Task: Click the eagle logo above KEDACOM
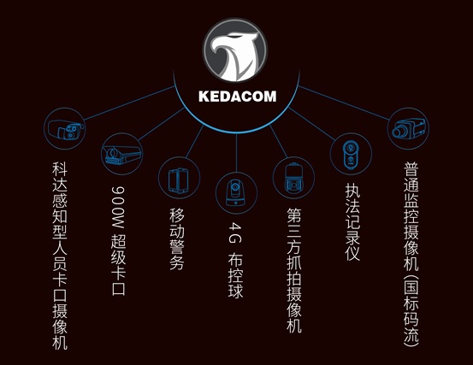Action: tap(235, 50)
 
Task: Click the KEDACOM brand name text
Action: tap(238, 97)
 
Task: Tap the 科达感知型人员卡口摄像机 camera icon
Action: tap(64, 129)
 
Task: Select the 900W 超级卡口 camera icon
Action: tap(121, 154)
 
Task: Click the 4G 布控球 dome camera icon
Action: tap(236, 193)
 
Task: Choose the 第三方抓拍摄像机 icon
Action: tap(293, 178)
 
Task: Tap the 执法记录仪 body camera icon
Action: tap(351, 154)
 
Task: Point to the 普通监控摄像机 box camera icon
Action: tap(408, 129)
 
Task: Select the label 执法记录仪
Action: tap(352, 221)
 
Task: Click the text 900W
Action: tap(118, 207)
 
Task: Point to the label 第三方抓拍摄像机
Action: tap(294, 270)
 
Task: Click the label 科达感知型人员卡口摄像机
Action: tap(60, 256)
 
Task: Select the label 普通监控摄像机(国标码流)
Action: tap(411, 254)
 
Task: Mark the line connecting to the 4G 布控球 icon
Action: tap(236, 153)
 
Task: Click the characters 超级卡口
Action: tap(118, 264)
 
